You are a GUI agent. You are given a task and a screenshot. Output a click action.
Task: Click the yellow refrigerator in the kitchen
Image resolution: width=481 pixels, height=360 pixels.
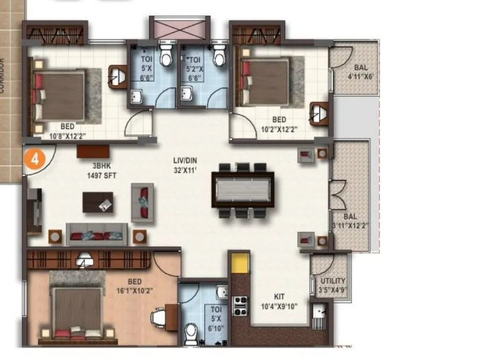click(240, 263)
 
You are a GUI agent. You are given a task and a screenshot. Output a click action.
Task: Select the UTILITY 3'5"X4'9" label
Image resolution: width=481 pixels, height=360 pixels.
click(333, 285)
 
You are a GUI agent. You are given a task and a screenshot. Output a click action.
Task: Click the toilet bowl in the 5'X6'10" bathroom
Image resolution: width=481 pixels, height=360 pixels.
click(191, 332)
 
